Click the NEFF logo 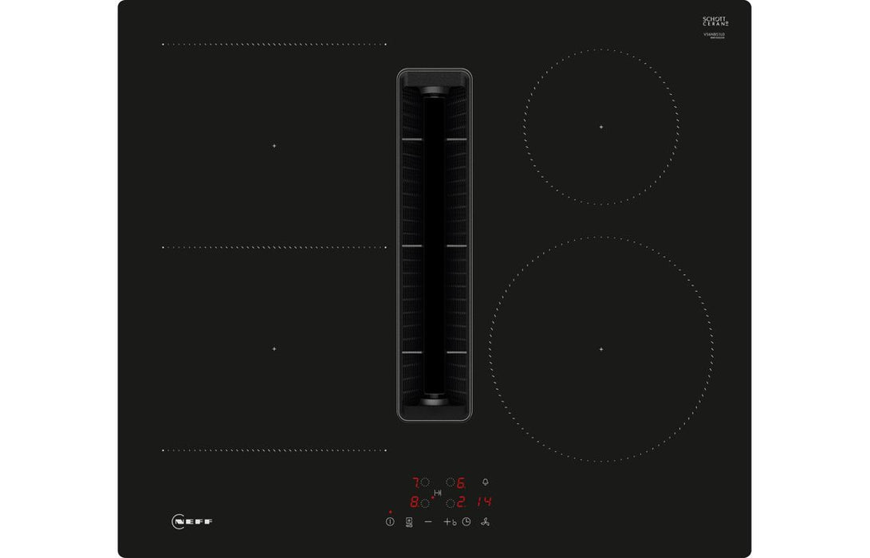pos(192,521)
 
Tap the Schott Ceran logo pos(715,22)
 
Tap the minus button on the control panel pos(428,521)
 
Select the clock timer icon pos(466,521)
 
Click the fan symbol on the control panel pos(486,521)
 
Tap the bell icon pos(486,481)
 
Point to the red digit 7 pos(415,482)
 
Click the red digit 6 pos(462,482)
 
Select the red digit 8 pos(415,502)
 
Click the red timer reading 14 pos(485,502)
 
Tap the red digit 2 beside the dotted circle pos(462,502)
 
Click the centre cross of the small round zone pos(601,127)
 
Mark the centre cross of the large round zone pos(601,349)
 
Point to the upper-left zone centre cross pos(274,146)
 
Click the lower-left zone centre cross pos(274,349)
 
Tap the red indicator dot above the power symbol pos(390,512)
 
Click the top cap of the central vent pos(435,79)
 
